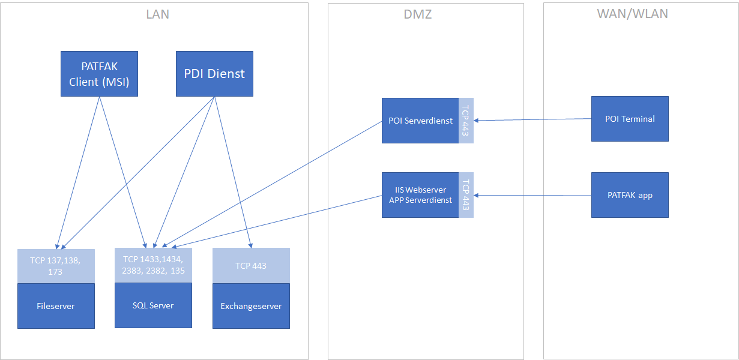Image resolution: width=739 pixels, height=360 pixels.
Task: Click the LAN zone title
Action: click(x=157, y=14)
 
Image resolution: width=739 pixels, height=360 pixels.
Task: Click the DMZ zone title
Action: click(x=417, y=14)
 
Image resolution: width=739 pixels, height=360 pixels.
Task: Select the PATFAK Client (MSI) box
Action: click(x=99, y=74)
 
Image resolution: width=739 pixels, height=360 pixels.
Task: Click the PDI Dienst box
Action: click(x=214, y=74)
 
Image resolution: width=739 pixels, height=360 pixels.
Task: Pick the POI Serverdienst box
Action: click(x=420, y=121)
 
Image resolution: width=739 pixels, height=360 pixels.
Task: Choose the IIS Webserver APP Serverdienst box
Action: click(x=420, y=195)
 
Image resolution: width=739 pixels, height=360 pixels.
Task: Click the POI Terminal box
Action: click(x=630, y=119)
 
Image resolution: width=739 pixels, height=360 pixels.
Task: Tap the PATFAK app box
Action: click(x=630, y=195)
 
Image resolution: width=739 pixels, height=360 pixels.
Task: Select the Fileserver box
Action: click(x=56, y=306)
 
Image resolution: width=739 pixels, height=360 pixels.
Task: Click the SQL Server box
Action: click(x=153, y=305)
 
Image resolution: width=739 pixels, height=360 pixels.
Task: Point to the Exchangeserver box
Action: click(x=251, y=306)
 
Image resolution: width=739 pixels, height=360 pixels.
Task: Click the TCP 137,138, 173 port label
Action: click(x=56, y=266)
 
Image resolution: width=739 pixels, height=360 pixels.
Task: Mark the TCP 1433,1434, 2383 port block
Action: click(x=153, y=265)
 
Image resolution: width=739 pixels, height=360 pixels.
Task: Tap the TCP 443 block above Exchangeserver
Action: click(x=251, y=265)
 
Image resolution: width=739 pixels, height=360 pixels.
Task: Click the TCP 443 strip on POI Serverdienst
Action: click(x=466, y=121)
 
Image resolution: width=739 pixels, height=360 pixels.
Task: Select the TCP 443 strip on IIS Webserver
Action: click(x=466, y=195)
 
